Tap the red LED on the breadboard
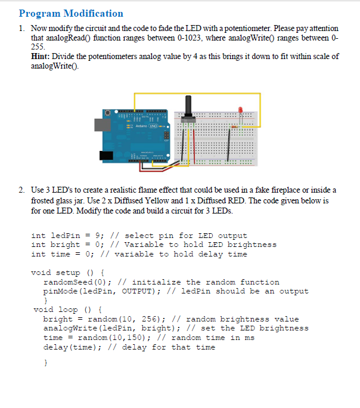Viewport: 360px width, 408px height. (x=240, y=110)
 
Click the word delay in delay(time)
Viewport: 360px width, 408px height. (x=56, y=347)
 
